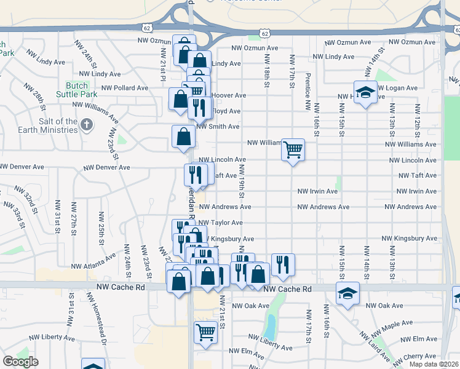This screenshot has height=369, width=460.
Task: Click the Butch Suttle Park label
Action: (x=81, y=90)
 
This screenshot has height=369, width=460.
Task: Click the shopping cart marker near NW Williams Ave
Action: (x=293, y=149)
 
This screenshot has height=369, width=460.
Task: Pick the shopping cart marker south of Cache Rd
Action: (x=206, y=332)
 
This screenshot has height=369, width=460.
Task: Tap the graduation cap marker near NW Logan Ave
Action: (x=365, y=92)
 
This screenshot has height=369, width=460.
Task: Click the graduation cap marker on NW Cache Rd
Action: (x=347, y=293)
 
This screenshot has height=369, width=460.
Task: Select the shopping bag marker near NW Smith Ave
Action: (x=184, y=137)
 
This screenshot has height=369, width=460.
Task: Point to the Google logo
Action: (x=20, y=362)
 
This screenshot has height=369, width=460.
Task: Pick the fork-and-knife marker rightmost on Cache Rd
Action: (x=283, y=264)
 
